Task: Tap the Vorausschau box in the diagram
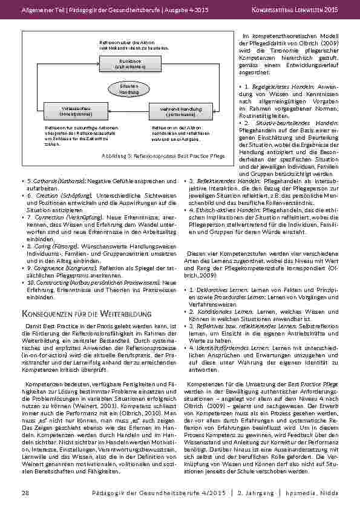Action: (x=67, y=111)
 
